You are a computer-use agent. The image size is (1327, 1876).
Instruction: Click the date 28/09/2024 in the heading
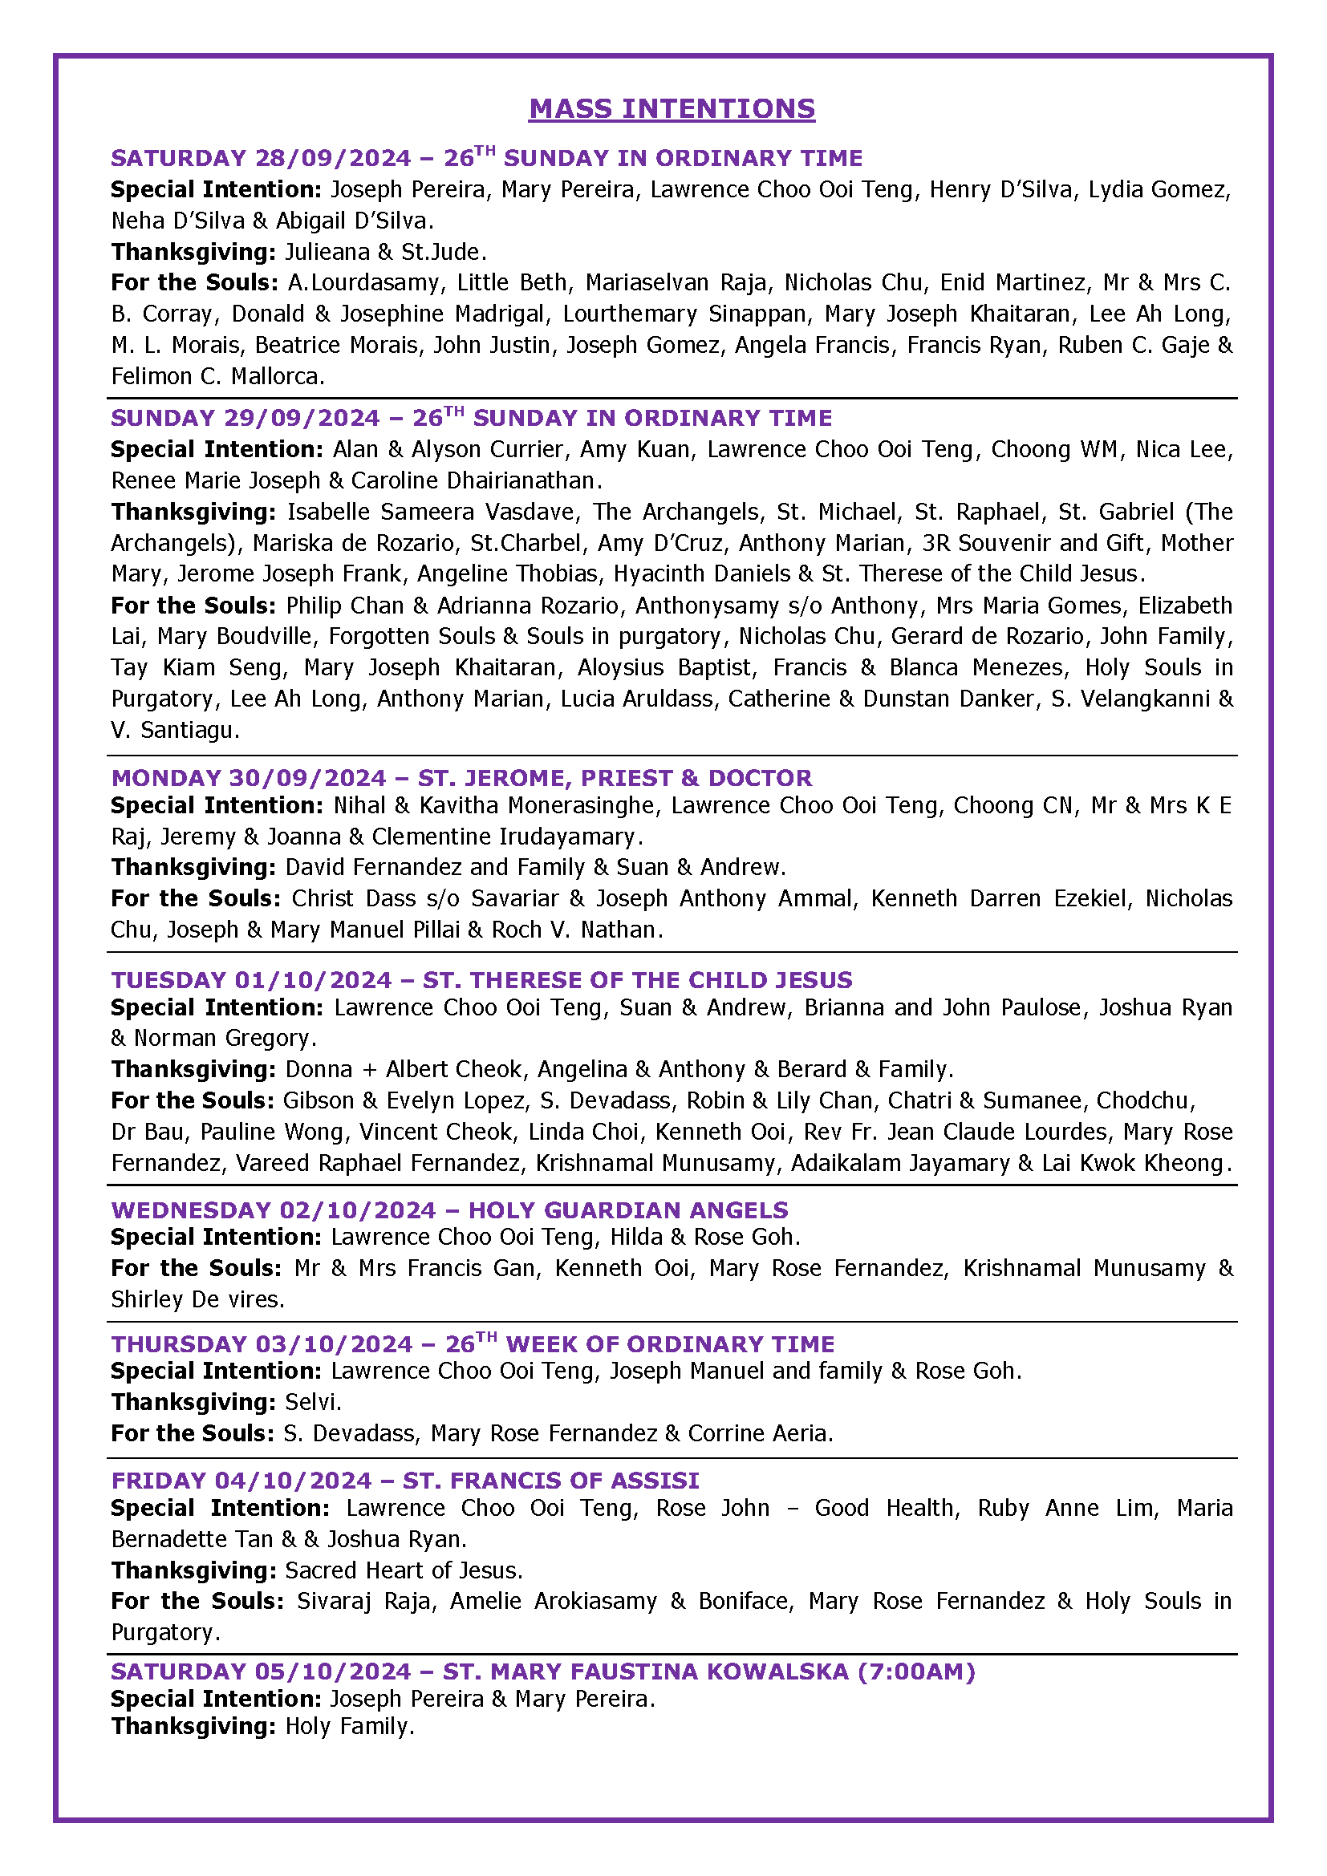pyautogui.click(x=333, y=158)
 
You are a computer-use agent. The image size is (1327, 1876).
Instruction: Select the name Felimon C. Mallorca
pyautogui.click(x=218, y=377)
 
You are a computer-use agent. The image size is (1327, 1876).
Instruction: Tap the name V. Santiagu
pyautogui.click(x=175, y=731)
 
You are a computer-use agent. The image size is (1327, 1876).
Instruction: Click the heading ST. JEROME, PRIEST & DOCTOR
pyautogui.click(x=615, y=778)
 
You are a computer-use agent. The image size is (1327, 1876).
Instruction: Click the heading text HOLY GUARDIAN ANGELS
pyautogui.click(x=627, y=1210)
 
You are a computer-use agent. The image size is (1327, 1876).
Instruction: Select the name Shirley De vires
pyautogui.click(x=197, y=1300)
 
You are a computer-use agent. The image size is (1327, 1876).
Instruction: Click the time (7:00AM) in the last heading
pyautogui.click(x=916, y=1671)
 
